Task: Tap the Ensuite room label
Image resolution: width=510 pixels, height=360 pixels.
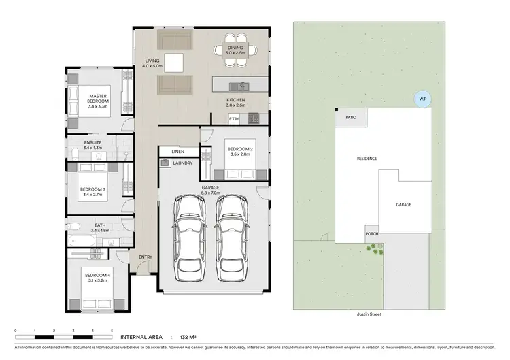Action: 92,142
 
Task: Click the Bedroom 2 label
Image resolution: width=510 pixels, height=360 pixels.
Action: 240,149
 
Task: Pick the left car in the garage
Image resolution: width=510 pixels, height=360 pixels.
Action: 188,237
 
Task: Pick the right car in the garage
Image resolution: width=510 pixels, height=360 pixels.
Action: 230,237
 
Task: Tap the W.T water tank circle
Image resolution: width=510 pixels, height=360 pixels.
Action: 422,99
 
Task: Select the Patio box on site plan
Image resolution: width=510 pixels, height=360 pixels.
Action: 351,117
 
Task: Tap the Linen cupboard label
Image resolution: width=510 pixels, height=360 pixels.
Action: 179,150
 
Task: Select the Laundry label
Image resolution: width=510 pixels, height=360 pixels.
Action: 182,163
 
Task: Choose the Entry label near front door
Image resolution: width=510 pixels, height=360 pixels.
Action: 145,257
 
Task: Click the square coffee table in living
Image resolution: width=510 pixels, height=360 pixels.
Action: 173,63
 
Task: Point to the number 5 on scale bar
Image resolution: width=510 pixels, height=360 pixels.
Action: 112,330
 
